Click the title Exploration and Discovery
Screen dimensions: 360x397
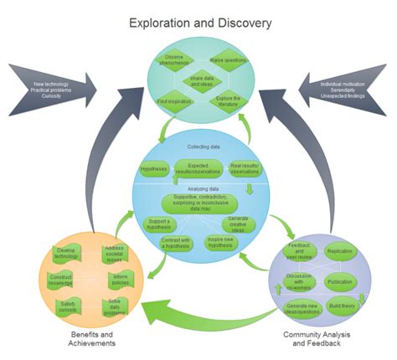pyautogui.click(x=199, y=23)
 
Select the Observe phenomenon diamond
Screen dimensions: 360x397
pyautogui.click(x=173, y=60)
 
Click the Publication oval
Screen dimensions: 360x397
pyautogui.click(x=339, y=281)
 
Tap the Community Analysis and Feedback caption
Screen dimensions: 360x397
pyautogui.click(x=322, y=338)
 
